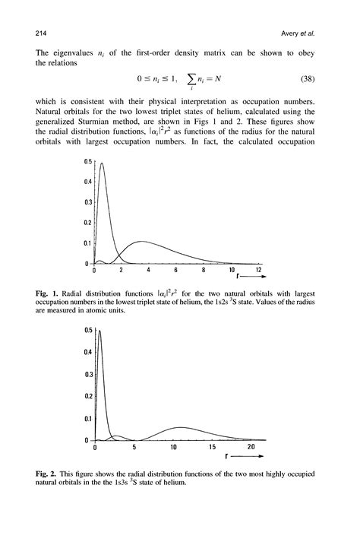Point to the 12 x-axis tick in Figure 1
pos(259,271)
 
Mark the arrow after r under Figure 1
pos(251,280)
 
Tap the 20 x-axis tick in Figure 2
pos(251,448)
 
